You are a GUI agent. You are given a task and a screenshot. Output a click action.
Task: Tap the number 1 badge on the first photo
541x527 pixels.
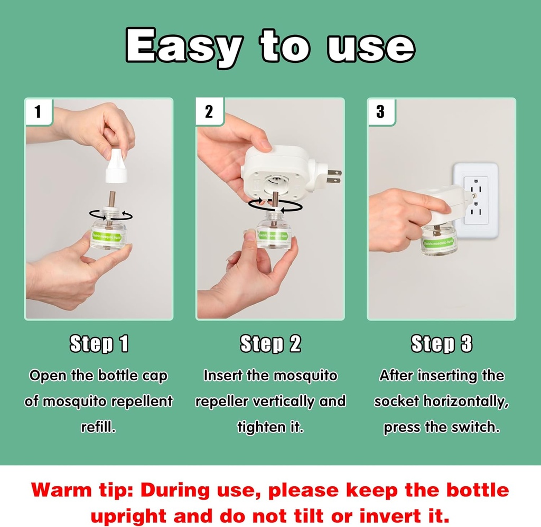[x=38, y=112]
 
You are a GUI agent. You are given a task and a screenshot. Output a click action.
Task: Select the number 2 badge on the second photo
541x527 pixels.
[x=209, y=112]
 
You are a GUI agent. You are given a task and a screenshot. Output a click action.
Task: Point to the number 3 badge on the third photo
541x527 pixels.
[x=380, y=112]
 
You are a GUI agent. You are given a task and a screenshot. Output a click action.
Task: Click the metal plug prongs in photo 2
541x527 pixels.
[x=332, y=176]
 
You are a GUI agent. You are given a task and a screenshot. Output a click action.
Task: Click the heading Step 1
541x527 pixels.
[x=99, y=344]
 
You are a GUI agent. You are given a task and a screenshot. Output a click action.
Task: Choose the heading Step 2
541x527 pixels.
[x=270, y=344]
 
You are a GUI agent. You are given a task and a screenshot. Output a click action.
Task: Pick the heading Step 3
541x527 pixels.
[x=442, y=344]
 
